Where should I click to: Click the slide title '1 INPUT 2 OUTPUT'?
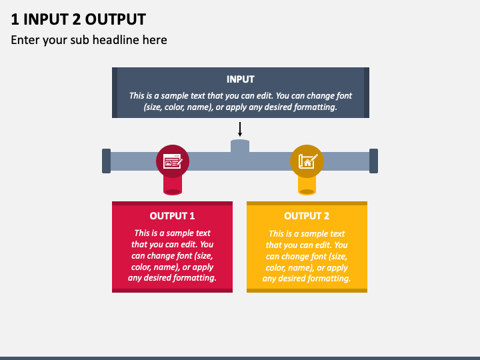click(x=79, y=19)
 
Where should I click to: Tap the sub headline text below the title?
click(x=89, y=40)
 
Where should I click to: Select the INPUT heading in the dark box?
click(x=240, y=79)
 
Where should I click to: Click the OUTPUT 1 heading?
click(x=172, y=216)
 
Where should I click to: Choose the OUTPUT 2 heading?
click(x=307, y=216)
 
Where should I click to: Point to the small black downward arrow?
click(x=240, y=129)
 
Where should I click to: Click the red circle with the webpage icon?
click(x=173, y=161)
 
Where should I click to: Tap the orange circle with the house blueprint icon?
click(x=307, y=161)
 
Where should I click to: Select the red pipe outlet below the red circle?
click(x=173, y=186)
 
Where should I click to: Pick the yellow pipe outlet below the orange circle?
click(x=307, y=186)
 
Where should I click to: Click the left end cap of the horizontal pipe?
click(x=106, y=161)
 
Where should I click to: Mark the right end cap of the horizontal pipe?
click(x=373, y=161)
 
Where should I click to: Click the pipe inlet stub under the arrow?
click(x=240, y=146)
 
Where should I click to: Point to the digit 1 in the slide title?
click(x=15, y=19)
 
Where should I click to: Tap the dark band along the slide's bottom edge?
click(x=240, y=358)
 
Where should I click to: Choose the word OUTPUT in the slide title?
click(x=115, y=19)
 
